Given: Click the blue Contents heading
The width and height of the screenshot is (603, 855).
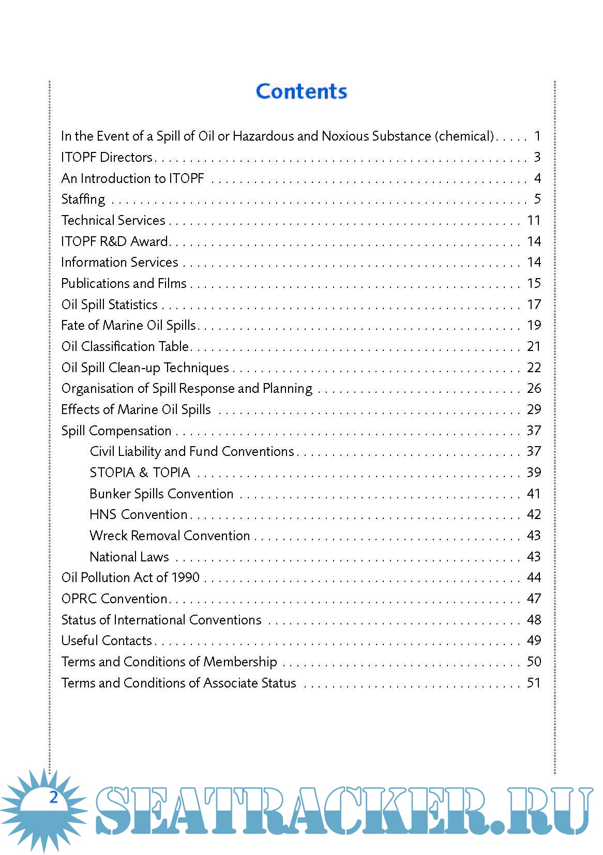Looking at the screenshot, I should click(x=301, y=91).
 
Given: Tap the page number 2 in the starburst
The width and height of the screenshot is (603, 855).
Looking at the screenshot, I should click(x=53, y=797).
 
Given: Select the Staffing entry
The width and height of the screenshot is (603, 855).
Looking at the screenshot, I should click(x=83, y=200).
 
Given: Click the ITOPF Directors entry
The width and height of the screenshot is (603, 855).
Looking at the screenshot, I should click(x=107, y=157).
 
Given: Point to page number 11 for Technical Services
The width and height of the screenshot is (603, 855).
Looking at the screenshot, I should click(x=534, y=221).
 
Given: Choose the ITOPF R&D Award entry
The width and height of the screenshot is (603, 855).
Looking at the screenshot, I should click(x=114, y=241).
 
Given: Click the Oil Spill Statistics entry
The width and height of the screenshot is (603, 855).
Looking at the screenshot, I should click(x=109, y=304).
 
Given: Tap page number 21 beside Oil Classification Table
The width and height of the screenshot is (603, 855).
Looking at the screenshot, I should click(x=534, y=346).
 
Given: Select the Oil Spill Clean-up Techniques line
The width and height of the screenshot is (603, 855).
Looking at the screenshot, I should click(x=145, y=368).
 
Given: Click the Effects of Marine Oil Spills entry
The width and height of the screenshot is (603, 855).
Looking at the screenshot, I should click(x=136, y=409).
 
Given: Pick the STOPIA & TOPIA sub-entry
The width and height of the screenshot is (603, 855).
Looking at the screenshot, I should click(x=140, y=472).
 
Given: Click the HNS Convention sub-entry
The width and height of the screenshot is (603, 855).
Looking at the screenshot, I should click(x=138, y=515).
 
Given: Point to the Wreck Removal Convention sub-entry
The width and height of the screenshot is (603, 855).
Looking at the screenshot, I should click(x=170, y=536).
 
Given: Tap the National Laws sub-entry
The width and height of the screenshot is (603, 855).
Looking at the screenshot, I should click(x=129, y=557).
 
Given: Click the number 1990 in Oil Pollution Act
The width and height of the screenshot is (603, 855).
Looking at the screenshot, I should click(x=185, y=577).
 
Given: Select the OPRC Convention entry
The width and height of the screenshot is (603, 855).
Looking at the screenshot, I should click(x=114, y=599).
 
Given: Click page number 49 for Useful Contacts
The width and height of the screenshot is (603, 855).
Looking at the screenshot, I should click(x=534, y=640).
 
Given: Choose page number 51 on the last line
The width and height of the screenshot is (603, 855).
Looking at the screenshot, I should click(x=534, y=683).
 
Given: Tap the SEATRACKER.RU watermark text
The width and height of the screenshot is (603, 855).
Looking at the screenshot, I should click(x=343, y=811).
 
